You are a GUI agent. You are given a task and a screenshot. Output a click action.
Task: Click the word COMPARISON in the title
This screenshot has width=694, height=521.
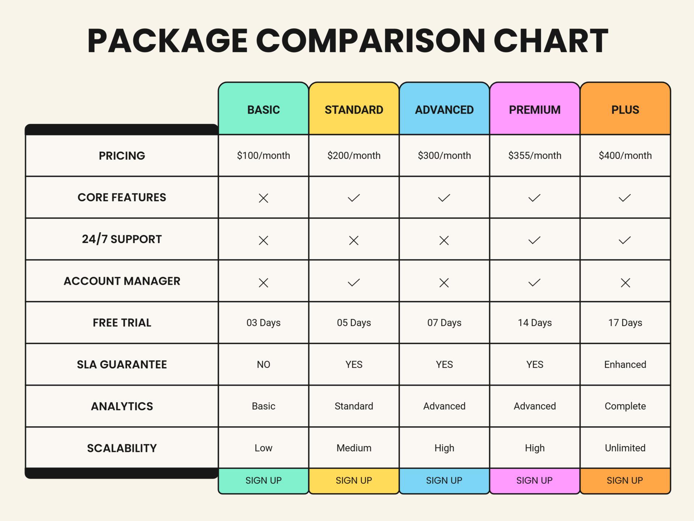370,41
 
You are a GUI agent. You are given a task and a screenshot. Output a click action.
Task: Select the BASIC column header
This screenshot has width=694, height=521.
264,110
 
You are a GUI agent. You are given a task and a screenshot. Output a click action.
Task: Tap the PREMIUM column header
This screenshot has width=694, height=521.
535,110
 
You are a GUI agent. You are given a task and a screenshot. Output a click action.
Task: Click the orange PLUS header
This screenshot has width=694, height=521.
625,110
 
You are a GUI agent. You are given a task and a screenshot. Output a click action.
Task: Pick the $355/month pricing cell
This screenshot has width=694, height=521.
535,156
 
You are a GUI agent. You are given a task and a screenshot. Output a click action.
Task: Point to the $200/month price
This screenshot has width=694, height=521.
354,156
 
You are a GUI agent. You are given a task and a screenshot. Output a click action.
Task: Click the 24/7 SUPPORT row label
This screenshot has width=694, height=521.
122,239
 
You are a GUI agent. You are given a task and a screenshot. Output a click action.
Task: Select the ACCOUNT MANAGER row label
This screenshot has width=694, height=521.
122,281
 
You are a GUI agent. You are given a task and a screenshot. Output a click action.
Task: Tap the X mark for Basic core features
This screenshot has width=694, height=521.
264,198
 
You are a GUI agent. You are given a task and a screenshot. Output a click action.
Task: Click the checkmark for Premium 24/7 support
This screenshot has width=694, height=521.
534,240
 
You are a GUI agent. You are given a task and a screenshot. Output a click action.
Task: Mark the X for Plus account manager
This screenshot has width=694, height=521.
625,283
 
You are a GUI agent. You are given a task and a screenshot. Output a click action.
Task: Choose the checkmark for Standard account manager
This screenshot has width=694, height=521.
354,282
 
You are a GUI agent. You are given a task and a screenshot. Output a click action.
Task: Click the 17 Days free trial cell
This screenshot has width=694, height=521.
625,323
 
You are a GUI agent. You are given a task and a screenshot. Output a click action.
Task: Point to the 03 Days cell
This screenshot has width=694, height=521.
264,323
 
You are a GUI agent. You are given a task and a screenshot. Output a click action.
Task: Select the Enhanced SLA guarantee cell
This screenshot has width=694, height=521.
625,364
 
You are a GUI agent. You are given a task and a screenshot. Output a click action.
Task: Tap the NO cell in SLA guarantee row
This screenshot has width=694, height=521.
264,364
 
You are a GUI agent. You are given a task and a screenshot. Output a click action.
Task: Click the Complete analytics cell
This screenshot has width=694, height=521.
625,406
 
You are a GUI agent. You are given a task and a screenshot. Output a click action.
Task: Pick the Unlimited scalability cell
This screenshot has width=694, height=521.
625,448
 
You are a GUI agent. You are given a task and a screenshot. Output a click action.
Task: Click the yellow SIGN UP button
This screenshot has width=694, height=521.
354,480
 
